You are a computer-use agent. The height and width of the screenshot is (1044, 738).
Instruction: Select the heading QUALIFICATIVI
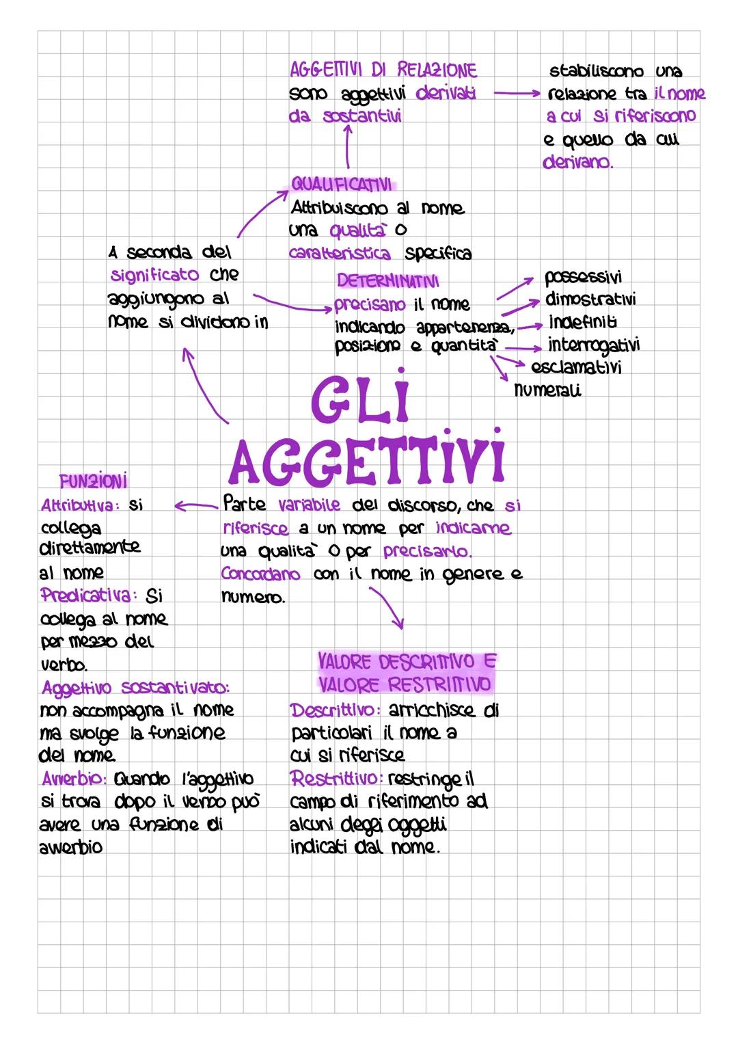pyautogui.click(x=342, y=185)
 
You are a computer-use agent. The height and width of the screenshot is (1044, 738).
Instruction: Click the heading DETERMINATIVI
pyautogui.click(x=388, y=281)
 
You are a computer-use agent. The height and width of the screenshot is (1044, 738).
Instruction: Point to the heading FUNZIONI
pyautogui.click(x=94, y=482)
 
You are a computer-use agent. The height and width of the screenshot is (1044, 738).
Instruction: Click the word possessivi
pyautogui.click(x=583, y=277)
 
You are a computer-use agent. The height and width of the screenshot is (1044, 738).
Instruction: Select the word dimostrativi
pyautogui.click(x=590, y=299)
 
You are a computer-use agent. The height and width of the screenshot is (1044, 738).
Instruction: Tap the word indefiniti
pyautogui.click(x=583, y=321)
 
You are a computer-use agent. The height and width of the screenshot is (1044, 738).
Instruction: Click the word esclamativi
pyautogui.click(x=576, y=367)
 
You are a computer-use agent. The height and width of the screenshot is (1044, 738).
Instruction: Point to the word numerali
pyautogui.click(x=547, y=390)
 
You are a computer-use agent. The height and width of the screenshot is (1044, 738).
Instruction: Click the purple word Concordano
pyautogui.click(x=260, y=574)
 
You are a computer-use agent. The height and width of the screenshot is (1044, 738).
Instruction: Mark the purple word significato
pyautogui.click(x=155, y=275)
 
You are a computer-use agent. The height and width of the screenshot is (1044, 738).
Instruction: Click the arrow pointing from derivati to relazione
pyautogui.click(x=517, y=93)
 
